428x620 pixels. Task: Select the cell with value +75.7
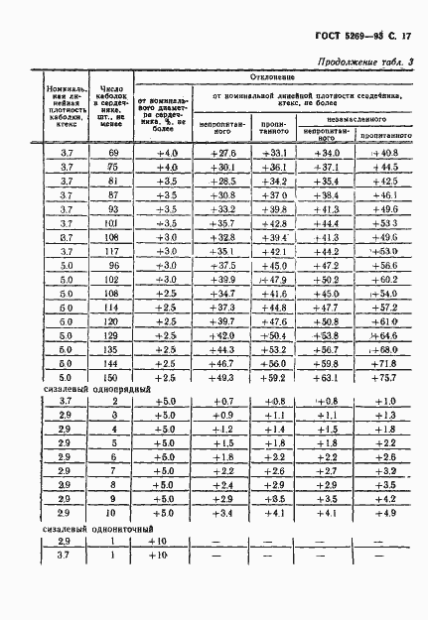[382, 378]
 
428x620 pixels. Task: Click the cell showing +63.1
[327, 378]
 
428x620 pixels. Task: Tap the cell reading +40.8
[382, 153]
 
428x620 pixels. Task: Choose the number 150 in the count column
[112, 378]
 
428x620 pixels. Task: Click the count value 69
[112, 153]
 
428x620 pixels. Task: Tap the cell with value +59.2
[271, 378]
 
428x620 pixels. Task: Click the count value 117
[112, 252]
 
